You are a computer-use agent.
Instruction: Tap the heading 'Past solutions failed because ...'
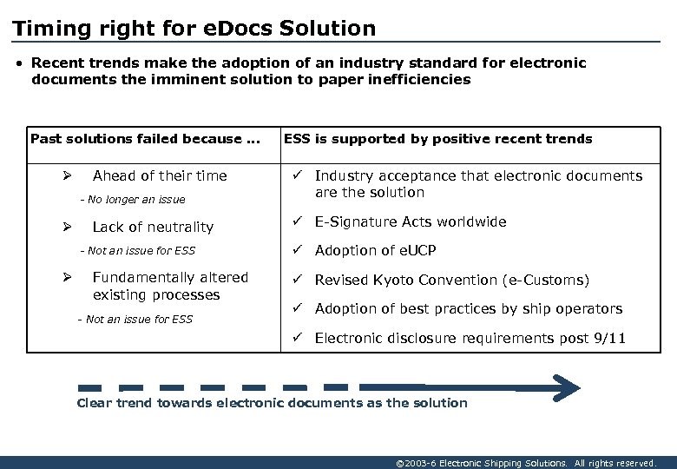(145, 139)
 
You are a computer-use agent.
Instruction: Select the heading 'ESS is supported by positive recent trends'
(438, 139)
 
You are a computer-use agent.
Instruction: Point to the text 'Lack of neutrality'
(153, 228)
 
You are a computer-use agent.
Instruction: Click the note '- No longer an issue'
(132, 200)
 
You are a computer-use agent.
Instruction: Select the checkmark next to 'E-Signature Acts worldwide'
(297, 221)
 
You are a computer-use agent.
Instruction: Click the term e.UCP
(412, 251)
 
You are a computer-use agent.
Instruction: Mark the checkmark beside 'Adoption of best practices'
(297, 308)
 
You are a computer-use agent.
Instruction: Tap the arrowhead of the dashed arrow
(568, 386)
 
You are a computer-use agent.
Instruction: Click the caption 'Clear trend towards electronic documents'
(272, 403)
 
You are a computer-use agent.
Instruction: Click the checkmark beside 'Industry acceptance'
(297, 175)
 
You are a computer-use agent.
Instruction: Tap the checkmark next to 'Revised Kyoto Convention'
(297, 280)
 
